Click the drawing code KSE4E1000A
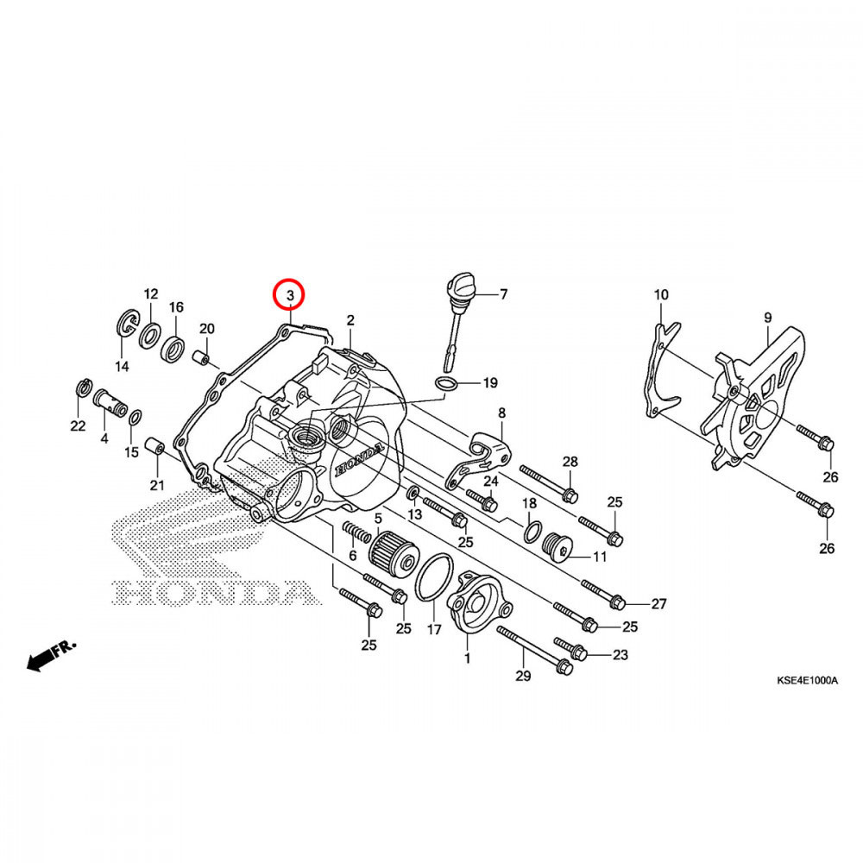pyautogui.click(x=806, y=681)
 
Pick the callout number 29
pyautogui.click(x=521, y=675)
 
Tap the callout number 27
pyautogui.click(x=658, y=604)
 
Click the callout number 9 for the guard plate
pyautogui.click(x=767, y=318)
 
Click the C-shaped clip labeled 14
pyautogui.click(x=125, y=325)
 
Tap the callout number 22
pyautogui.click(x=78, y=425)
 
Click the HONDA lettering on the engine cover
pyautogui.click(x=356, y=462)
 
